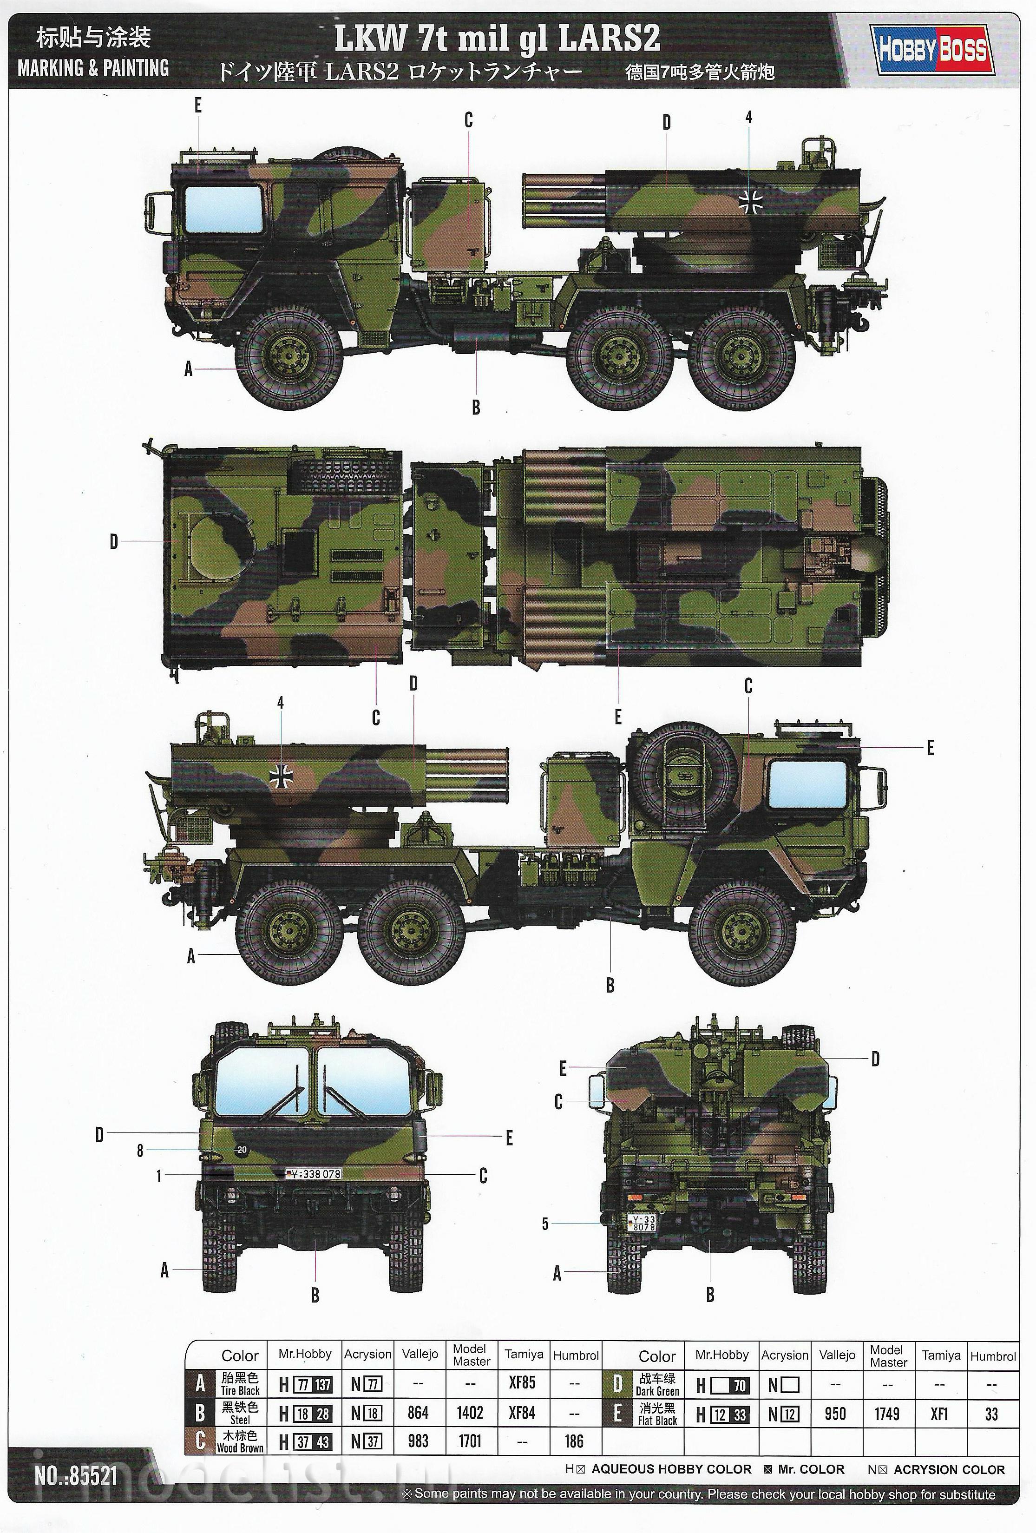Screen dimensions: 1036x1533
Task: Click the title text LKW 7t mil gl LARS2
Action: pos(497,38)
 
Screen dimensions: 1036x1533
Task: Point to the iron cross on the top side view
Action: pos(750,201)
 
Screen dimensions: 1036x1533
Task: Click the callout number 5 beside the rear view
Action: pos(544,1224)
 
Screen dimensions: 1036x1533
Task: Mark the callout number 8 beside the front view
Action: pos(140,1151)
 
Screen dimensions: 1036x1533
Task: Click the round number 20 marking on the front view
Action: pos(242,1150)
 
